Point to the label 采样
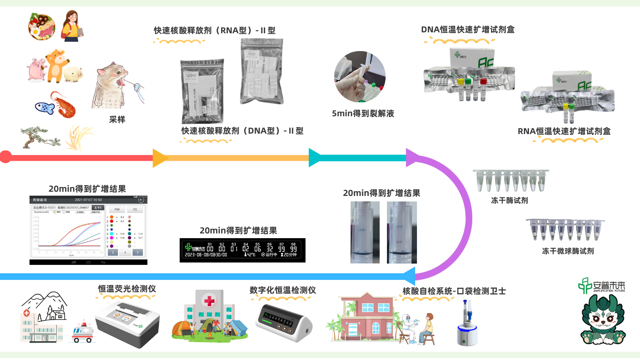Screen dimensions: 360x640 click(117, 120)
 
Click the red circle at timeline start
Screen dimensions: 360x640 click(5, 157)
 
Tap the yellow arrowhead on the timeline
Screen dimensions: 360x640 click(160, 157)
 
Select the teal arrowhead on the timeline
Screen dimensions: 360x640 click(315, 157)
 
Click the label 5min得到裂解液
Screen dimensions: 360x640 click(363, 113)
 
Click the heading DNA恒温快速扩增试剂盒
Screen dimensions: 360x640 click(467, 30)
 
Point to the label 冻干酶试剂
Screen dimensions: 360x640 click(509, 201)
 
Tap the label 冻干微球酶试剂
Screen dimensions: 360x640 click(567, 251)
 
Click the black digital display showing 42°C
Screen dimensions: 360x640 click(243, 249)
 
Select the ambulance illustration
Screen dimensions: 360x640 click(83, 333)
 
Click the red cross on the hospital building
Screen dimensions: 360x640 click(208, 300)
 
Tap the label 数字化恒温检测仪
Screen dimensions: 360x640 click(283, 290)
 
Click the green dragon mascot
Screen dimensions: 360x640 click(603, 322)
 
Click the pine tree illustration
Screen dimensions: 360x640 click(39, 136)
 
